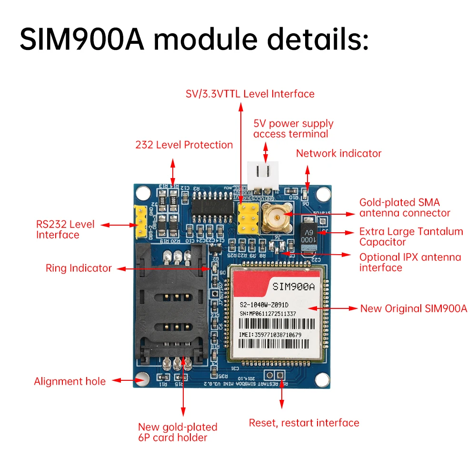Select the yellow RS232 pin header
[x=141, y=222]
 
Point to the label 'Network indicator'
[x=338, y=153]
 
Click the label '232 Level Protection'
[x=184, y=145]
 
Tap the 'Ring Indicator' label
[x=79, y=268]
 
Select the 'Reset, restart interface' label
[x=304, y=423]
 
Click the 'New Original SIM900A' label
[x=414, y=308]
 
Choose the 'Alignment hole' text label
[x=69, y=381]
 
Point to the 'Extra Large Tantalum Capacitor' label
[x=411, y=237]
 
